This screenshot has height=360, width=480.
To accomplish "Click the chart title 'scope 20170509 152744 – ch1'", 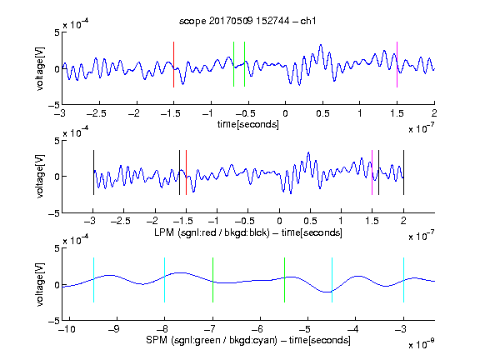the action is tap(247, 21).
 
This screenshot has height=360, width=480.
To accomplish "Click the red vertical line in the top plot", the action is tap(173, 65).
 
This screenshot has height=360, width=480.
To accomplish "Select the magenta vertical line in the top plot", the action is tap(397, 65).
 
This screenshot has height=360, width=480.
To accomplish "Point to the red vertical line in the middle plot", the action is tap(186, 172).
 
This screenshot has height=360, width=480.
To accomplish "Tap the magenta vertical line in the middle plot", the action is tap(372, 172).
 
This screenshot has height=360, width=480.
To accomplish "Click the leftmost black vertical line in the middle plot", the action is tap(93, 172).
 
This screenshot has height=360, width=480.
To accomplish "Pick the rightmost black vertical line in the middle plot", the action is tap(403, 172).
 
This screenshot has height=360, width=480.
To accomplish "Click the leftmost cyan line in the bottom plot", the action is tap(93, 280).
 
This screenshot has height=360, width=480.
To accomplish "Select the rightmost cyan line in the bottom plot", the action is tap(403, 280).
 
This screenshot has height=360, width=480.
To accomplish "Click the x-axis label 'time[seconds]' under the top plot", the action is tap(248, 125).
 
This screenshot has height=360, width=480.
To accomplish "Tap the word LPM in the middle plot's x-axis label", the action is tap(164, 232).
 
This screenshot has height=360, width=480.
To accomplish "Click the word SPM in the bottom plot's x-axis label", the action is tap(157, 340).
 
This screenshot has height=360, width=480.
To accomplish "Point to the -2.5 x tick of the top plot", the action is tap(97, 113).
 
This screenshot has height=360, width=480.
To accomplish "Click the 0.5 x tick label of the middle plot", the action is tap(310, 221).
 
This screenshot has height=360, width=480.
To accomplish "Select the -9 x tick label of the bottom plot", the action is tap(114, 329).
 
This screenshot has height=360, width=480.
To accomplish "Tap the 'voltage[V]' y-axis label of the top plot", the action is tap(40, 68).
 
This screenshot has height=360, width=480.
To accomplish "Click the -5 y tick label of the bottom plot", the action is tap(54, 321).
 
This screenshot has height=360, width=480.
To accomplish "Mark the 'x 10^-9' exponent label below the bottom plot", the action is tap(421, 344).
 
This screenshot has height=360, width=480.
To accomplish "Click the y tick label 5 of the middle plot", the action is tap(57, 141).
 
